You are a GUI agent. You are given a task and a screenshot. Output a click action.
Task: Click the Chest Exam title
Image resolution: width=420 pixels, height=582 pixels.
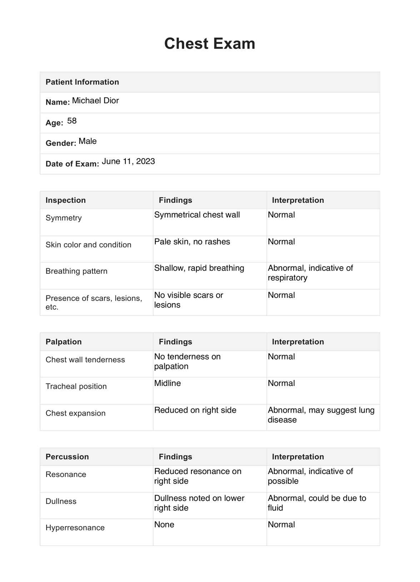(210, 44)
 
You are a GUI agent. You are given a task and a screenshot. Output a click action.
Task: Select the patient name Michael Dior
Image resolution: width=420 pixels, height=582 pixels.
(95, 101)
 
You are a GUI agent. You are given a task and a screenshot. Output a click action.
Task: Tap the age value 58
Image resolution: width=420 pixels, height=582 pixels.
(72, 121)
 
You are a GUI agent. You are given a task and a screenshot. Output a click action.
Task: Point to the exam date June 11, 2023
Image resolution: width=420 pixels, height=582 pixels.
(128, 161)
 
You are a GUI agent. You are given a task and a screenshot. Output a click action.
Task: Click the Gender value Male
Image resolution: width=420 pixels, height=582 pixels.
(87, 141)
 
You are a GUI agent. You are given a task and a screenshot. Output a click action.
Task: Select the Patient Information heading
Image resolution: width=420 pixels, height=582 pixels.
(82, 82)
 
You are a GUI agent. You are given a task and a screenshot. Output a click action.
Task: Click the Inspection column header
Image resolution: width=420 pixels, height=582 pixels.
(66, 200)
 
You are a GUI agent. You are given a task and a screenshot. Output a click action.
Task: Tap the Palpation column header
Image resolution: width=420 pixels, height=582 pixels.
(64, 342)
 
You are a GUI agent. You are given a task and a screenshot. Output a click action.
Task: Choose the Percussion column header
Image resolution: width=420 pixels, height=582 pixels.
(67, 457)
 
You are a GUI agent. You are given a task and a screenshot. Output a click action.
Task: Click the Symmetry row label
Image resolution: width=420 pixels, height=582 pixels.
(64, 218)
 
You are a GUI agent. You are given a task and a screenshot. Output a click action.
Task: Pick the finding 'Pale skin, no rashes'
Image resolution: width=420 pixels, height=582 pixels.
(192, 242)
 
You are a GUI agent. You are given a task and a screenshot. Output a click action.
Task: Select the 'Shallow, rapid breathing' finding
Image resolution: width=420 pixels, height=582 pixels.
(199, 268)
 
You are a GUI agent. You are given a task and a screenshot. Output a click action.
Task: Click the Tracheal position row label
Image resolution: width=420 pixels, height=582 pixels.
(76, 386)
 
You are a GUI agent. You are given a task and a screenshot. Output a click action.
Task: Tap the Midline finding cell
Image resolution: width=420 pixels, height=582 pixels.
(167, 383)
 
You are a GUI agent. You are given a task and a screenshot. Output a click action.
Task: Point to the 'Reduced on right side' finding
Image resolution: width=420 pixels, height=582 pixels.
(195, 410)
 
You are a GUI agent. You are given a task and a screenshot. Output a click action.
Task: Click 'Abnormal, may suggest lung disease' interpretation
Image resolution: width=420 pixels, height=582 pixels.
(321, 415)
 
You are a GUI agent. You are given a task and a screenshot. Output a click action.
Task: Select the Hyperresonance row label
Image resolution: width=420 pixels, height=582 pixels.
(75, 528)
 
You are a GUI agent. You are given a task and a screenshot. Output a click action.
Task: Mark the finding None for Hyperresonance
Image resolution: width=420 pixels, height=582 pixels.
(164, 525)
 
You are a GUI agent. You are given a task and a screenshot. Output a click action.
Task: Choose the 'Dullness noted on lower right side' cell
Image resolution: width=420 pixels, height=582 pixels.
(199, 503)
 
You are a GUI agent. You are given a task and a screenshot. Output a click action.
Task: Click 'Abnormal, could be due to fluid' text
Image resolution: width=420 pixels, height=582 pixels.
(317, 503)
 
